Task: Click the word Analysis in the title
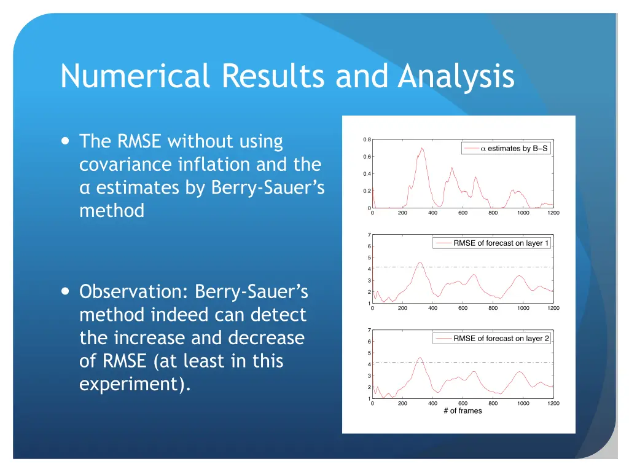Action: [456, 77]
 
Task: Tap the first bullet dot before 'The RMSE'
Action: [65, 141]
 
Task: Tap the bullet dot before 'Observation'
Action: [65, 292]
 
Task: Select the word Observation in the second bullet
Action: [132, 292]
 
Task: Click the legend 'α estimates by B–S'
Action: [506, 149]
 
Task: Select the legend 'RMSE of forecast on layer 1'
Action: [492, 243]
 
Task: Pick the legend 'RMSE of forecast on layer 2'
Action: [492, 339]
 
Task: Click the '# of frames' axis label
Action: [463, 411]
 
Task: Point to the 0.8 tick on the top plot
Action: [366, 140]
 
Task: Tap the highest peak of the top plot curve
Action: [421, 148]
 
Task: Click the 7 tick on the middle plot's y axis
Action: [369, 235]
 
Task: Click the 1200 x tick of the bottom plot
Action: [553, 404]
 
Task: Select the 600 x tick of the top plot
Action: [463, 213]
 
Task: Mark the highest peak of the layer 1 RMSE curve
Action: [420, 262]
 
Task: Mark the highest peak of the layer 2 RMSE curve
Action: [420, 358]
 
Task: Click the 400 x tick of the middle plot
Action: [432, 309]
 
